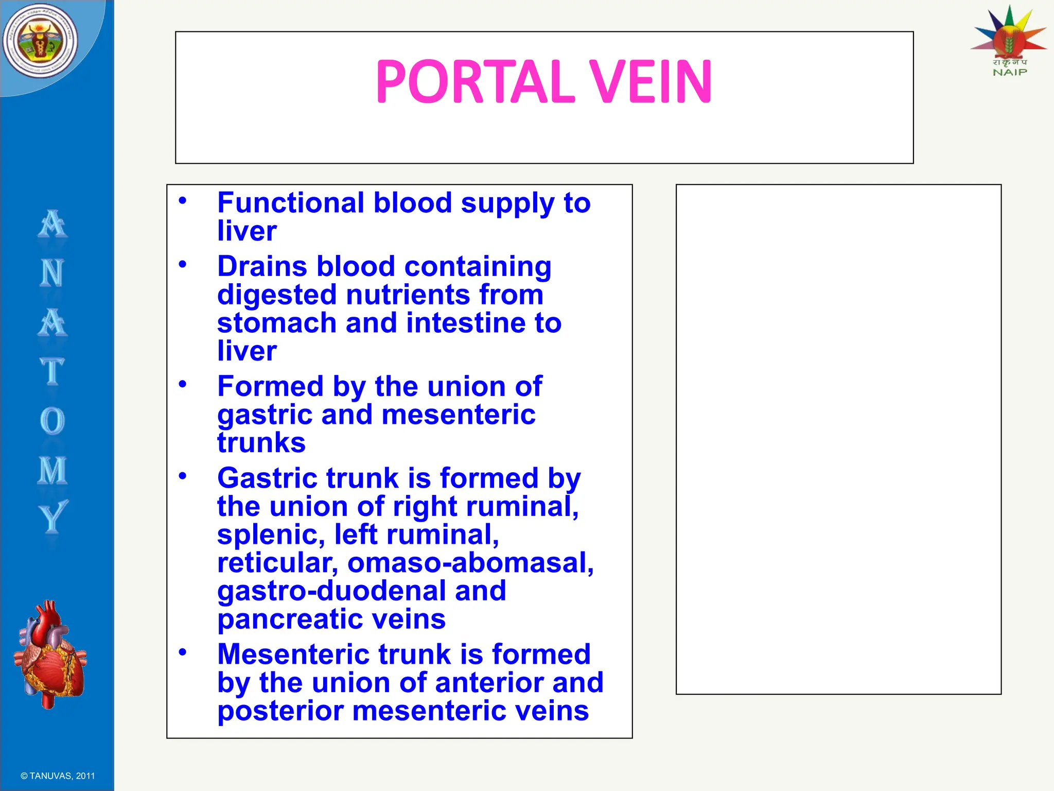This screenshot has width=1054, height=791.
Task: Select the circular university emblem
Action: tap(40, 41)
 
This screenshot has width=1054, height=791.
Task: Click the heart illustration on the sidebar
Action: tap(50, 654)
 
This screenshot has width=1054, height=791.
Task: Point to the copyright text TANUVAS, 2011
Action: tap(58, 776)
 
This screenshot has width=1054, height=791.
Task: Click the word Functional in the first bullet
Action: tap(291, 203)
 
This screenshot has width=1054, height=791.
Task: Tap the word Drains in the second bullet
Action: tap(262, 267)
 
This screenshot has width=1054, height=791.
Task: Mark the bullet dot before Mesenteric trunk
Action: tap(182, 652)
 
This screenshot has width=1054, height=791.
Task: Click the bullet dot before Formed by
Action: tap(182, 384)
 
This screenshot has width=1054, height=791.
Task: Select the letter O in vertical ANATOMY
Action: tap(52, 421)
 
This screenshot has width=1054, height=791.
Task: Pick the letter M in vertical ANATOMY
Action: tap(52, 470)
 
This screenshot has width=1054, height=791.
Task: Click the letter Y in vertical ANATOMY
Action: tap(52, 517)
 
